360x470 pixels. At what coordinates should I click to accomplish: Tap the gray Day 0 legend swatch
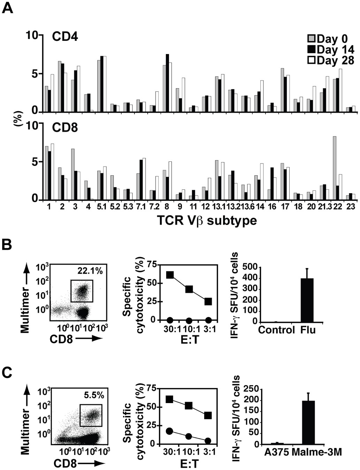tap(311, 39)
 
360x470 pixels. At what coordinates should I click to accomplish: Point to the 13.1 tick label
tap(219, 207)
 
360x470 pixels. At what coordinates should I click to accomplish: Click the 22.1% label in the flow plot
tap(90, 271)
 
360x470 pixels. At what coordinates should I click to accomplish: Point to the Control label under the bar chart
tap(276, 330)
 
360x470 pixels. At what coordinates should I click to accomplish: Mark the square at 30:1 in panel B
tap(170, 275)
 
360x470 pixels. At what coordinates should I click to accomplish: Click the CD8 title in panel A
tap(65, 128)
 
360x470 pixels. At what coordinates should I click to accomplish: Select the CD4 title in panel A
tap(65, 37)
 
